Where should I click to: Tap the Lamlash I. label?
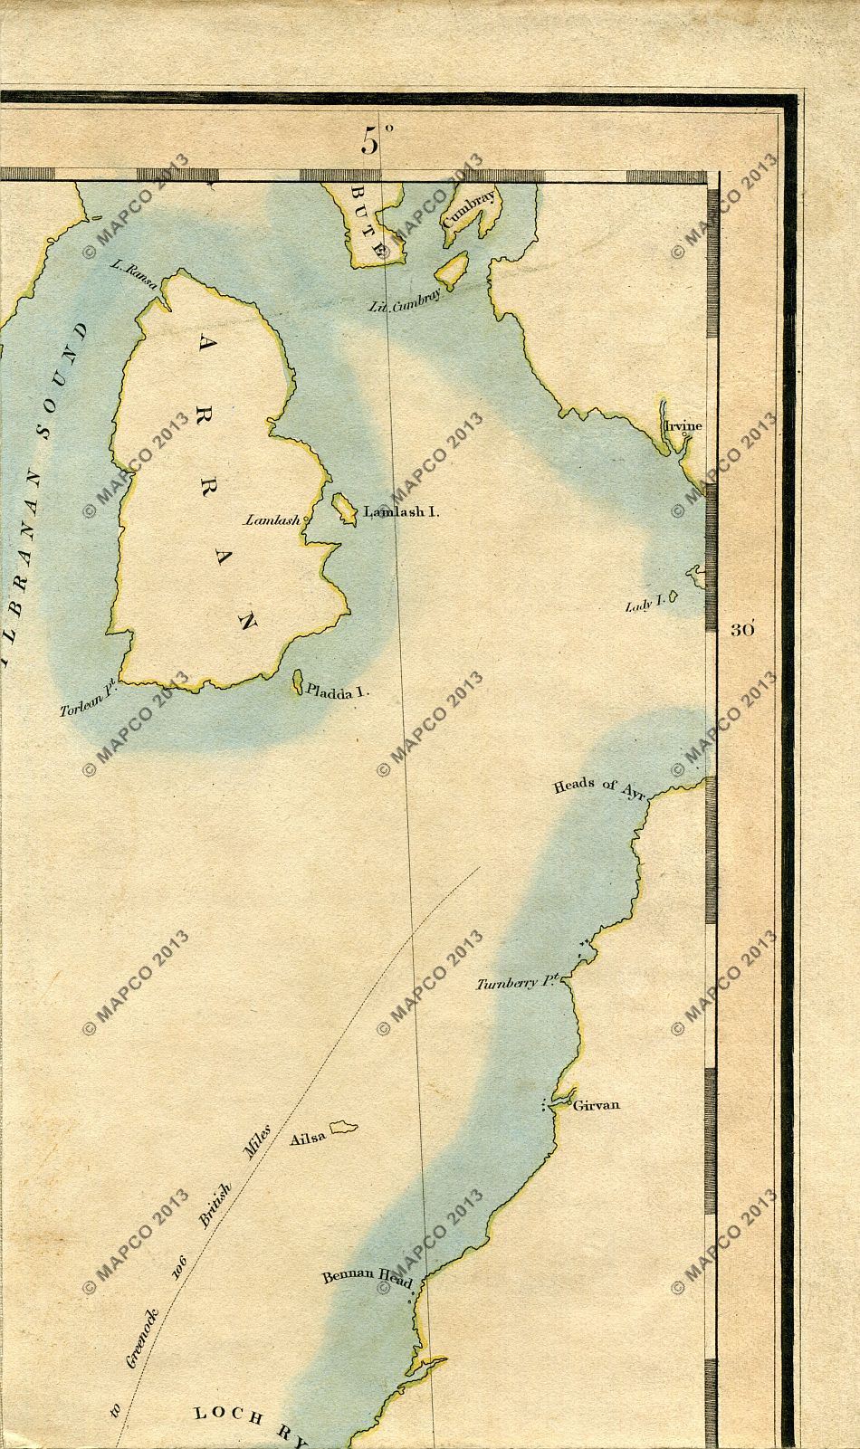(x=401, y=512)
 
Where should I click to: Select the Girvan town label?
(x=597, y=1105)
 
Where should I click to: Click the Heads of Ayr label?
(x=597, y=786)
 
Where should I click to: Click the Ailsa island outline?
(x=343, y=1128)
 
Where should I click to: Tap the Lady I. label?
(x=645, y=605)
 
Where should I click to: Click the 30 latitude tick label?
(x=742, y=630)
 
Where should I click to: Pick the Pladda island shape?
(x=296, y=683)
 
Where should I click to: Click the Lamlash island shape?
(x=344, y=508)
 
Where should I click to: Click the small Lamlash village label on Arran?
(x=272, y=520)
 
